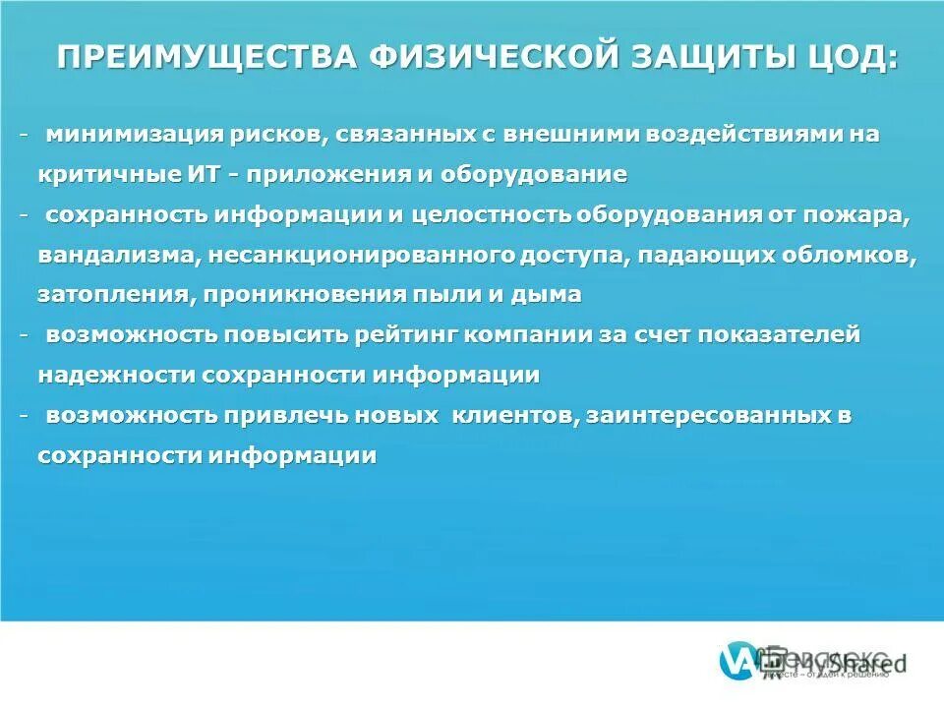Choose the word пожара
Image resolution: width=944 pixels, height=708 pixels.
(871, 215)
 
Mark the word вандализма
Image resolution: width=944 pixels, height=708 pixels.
(121, 255)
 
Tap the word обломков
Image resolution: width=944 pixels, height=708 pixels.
(850, 255)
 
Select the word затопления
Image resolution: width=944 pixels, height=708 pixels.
(113, 295)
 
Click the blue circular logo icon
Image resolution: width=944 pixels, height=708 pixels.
(739, 662)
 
